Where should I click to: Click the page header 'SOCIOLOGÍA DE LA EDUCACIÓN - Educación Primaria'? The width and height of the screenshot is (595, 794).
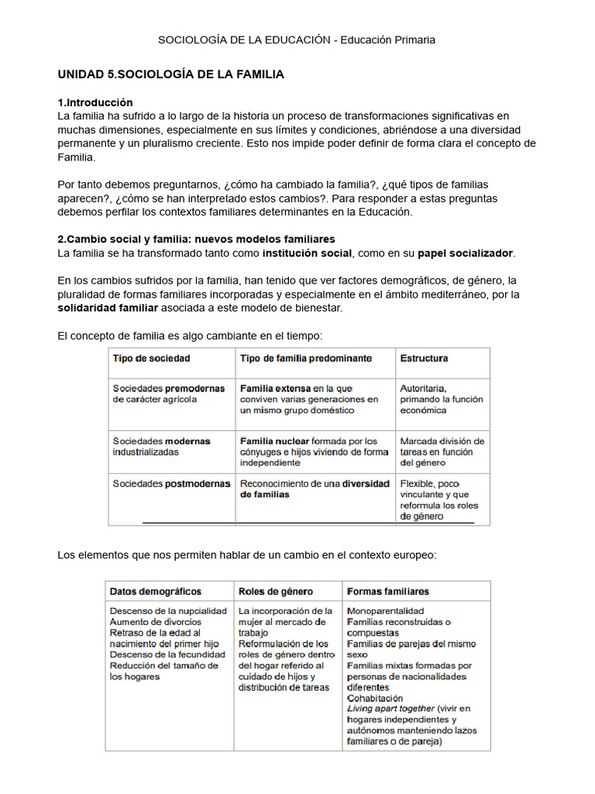[297, 40]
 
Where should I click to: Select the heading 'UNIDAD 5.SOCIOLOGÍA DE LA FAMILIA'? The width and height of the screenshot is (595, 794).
[171, 74]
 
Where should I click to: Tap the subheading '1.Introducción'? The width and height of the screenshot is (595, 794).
[95, 102]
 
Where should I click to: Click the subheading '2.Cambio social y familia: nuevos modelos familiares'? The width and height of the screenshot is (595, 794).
[197, 239]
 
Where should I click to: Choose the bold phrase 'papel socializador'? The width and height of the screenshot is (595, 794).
[465, 253]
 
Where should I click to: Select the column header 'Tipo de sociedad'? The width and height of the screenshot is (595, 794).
[151, 358]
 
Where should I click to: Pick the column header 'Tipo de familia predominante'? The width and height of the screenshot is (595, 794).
[306, 358]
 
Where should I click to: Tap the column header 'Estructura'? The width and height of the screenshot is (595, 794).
[424, 358]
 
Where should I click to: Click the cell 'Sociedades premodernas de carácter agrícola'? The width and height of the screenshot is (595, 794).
[168, 393]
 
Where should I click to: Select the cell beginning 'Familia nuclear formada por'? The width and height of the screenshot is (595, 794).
[314, 452]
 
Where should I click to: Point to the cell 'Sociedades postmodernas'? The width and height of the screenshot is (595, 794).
[171, 483]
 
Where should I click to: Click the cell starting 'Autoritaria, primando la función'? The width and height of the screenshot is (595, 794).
[441, 399]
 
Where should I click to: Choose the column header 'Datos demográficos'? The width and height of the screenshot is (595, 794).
[156, 591]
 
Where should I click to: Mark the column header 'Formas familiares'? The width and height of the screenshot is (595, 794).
[388, 591]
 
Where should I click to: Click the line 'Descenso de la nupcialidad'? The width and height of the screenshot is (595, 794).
[168, 611]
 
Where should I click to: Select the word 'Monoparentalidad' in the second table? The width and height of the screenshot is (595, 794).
[386, 611]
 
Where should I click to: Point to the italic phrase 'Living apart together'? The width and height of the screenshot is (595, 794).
[390, 709]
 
